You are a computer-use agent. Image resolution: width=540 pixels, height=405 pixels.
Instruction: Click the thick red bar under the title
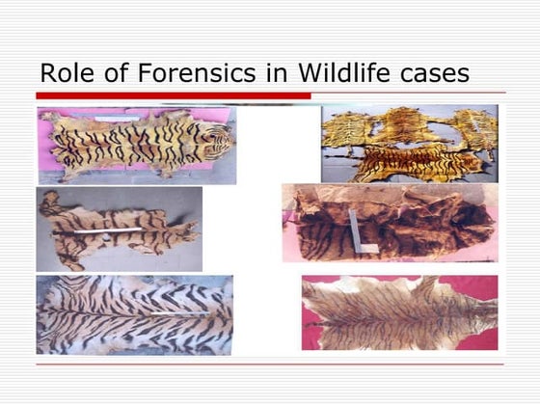pyautogui.click(x=174, y=95)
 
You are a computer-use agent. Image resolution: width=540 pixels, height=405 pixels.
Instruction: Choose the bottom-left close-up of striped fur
pyautogui.click(x=134, y=314)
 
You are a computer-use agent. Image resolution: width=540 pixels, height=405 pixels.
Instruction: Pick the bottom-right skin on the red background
pyautogui.click(x=399, y=313)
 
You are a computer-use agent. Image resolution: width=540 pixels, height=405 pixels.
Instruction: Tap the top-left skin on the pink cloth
pyautogui.click(x=136, y=145)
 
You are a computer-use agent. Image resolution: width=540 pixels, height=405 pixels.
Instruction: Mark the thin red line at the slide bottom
pyautogui.click(x=270, y=364)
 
